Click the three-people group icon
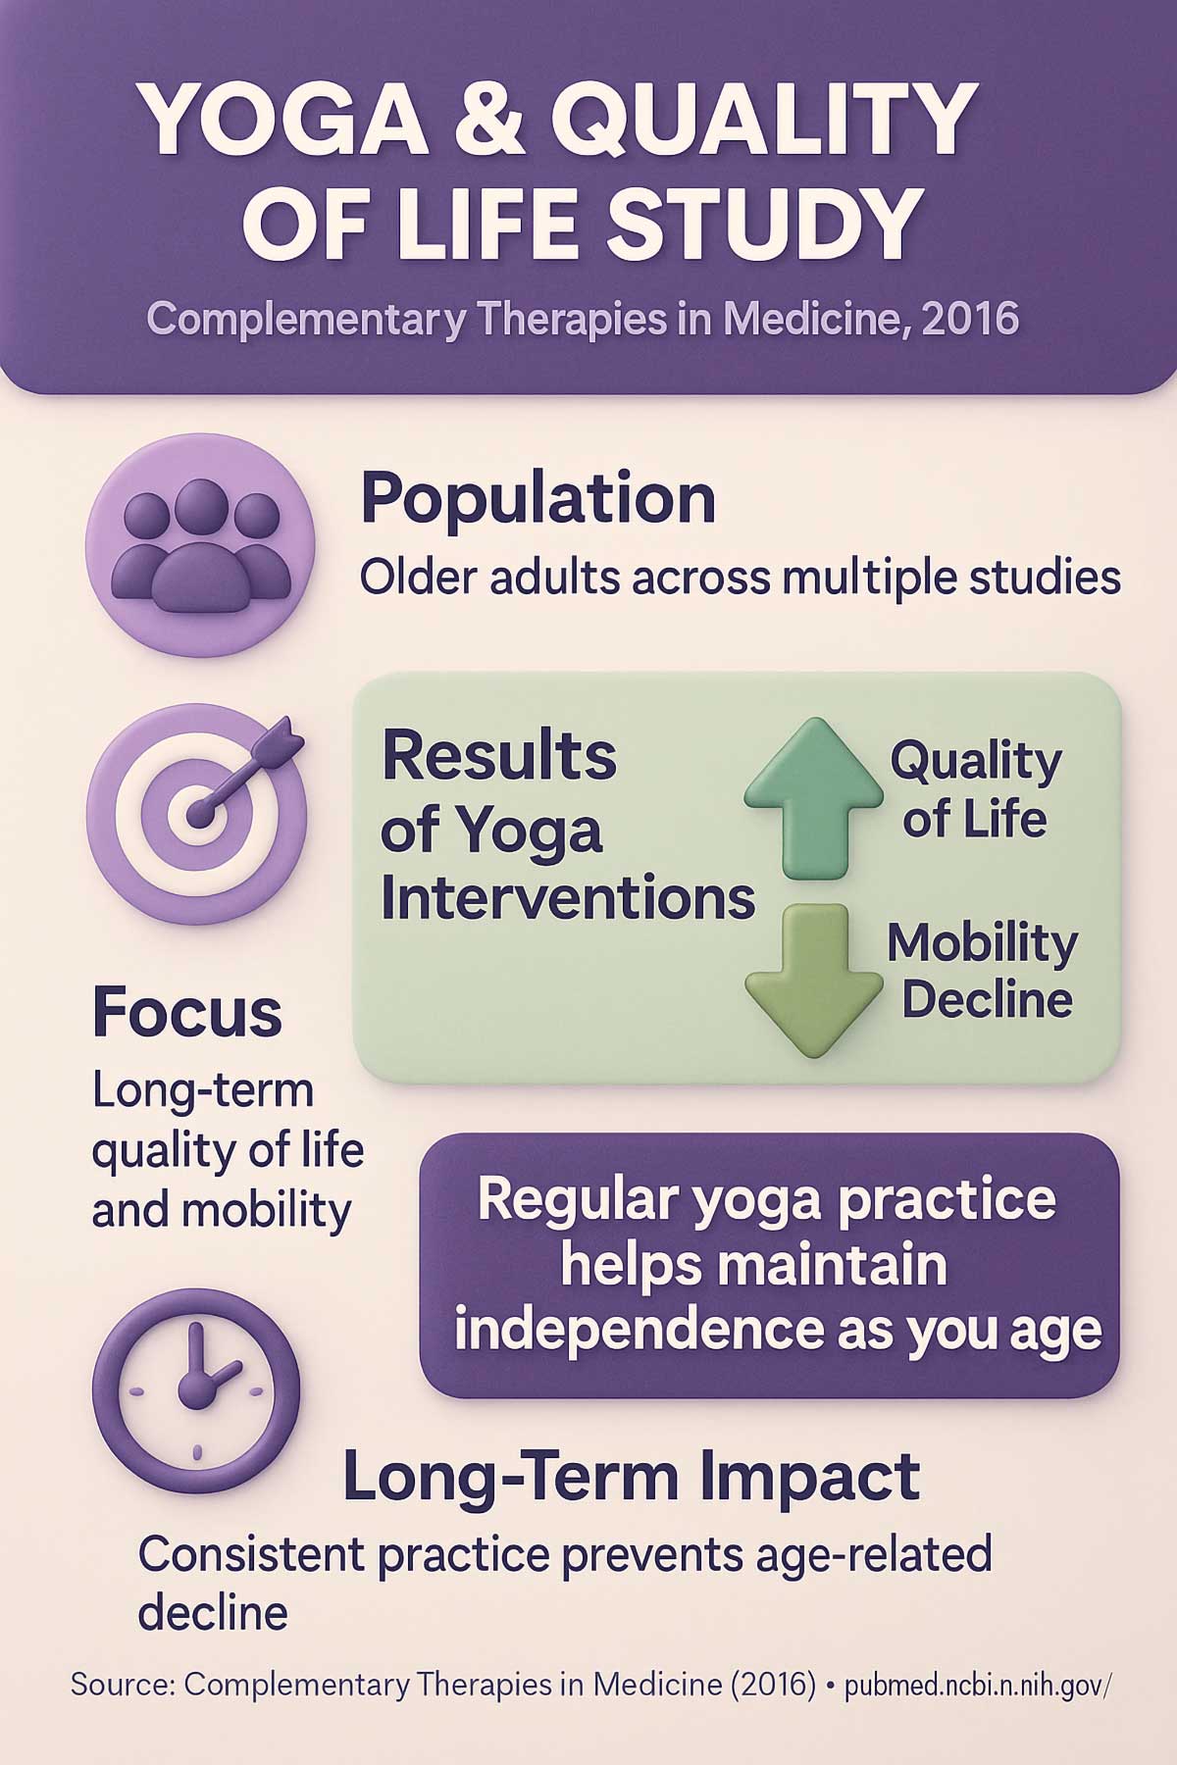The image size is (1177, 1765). [x=200, y=545]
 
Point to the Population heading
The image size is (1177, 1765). [x=537, y=499]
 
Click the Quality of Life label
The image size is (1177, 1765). [x=975, y=789]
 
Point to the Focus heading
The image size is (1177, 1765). [x=186, y=1013]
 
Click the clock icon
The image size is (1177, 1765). [x=196, y=1389]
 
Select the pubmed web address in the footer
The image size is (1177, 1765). [x=977, y=1685]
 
